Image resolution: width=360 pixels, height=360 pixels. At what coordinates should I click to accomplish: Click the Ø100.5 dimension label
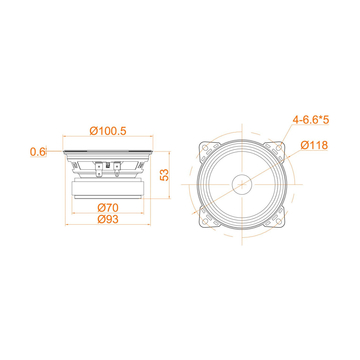[x=110, y=130]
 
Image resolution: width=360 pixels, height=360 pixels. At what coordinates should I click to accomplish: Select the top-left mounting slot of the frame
[x=208, y=148]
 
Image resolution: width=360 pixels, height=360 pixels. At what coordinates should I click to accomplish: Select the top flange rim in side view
[x=109, y=152]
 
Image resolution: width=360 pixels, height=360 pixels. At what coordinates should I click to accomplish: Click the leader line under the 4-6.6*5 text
[x=306, y=128]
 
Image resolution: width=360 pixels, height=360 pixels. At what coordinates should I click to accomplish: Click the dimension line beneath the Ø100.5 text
[x=109, y=138]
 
